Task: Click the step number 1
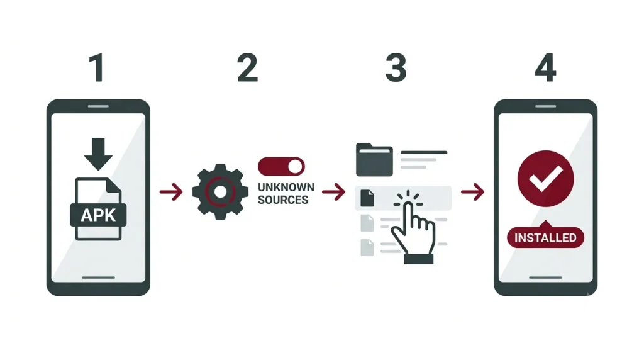click(97, 68)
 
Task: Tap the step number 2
click(247, 68)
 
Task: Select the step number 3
click(396, 68)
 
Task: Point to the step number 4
click(545, 68)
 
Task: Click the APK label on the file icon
click(98, 215)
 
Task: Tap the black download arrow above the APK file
click(98, 154)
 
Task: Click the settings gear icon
click(221, 191)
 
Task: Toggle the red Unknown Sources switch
click(281, 167)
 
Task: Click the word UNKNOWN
click(286, 188)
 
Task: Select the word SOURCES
click(283, 200)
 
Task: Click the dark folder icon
click(374, 160)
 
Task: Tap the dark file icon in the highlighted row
click(367, 198)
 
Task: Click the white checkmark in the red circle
click(545, 178)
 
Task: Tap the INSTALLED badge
click(545, 237)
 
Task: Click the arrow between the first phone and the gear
click(171, 191)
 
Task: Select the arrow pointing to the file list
click(334, 191)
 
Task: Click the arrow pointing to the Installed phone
click(473, 191)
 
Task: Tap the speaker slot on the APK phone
click(98, 106)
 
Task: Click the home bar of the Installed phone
click(545, 278)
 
